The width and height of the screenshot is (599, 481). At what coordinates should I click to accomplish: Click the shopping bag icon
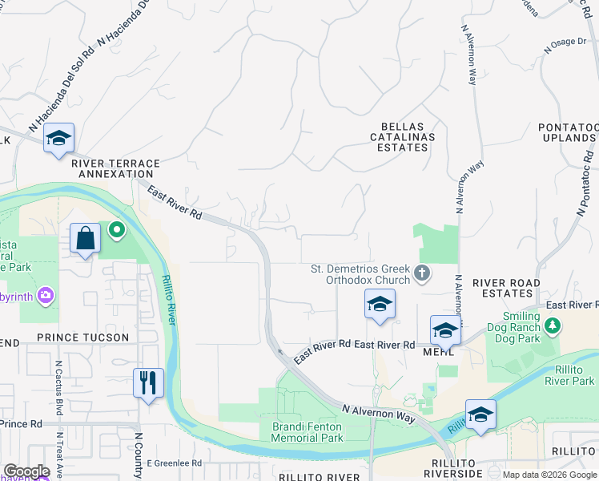(85, 238)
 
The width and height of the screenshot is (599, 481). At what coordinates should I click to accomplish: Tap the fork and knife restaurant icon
(148, 382)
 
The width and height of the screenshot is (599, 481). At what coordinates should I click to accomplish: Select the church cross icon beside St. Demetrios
(422, 275)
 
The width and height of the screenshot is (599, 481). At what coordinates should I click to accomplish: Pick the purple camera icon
(46, 296)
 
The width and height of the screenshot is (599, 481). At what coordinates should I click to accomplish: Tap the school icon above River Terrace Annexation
(58, 139)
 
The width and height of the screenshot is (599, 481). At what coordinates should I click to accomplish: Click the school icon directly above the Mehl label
(445, 329)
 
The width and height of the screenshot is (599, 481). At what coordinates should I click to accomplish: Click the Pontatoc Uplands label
(568, 133)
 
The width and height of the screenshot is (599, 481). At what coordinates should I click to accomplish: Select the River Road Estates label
(505, 289)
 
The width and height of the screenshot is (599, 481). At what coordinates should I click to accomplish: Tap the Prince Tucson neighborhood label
(82, 338)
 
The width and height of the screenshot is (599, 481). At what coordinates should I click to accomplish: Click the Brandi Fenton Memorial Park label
(307, 432)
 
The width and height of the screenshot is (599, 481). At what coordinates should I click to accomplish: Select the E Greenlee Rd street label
(174, 463)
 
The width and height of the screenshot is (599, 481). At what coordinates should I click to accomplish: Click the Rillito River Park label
(567, 375)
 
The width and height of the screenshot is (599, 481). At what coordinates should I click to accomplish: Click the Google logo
(26, 471)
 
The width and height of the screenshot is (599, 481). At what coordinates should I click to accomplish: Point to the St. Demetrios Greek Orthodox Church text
(360, 274)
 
